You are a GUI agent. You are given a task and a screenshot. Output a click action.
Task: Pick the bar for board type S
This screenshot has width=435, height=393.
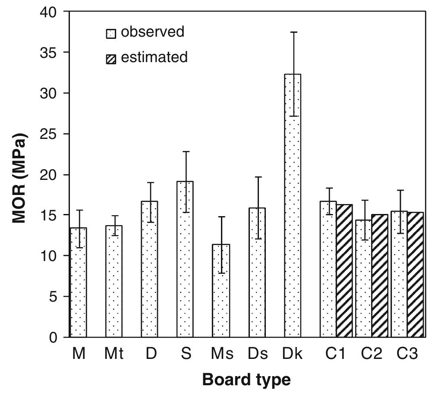click(185, 259)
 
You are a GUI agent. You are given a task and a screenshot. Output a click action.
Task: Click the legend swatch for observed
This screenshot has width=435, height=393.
click(111, 33)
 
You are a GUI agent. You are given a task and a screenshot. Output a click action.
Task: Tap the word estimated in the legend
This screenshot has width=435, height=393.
click(154, 57)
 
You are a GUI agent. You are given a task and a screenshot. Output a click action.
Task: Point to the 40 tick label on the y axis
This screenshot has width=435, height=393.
click(48, 12)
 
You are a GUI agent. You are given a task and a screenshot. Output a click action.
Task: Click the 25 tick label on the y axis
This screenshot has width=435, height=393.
click(48, 134)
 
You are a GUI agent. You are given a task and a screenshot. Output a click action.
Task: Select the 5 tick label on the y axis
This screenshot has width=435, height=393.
click(53, 297)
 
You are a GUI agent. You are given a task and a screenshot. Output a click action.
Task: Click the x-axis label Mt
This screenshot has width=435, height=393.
click(114, 354)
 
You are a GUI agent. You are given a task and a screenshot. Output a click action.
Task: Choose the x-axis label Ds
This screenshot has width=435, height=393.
click(258, 354)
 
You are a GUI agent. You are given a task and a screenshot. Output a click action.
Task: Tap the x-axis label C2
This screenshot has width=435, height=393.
click(372, 354)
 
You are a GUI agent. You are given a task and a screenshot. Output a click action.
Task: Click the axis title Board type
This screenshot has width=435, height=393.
click(246, 380)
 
